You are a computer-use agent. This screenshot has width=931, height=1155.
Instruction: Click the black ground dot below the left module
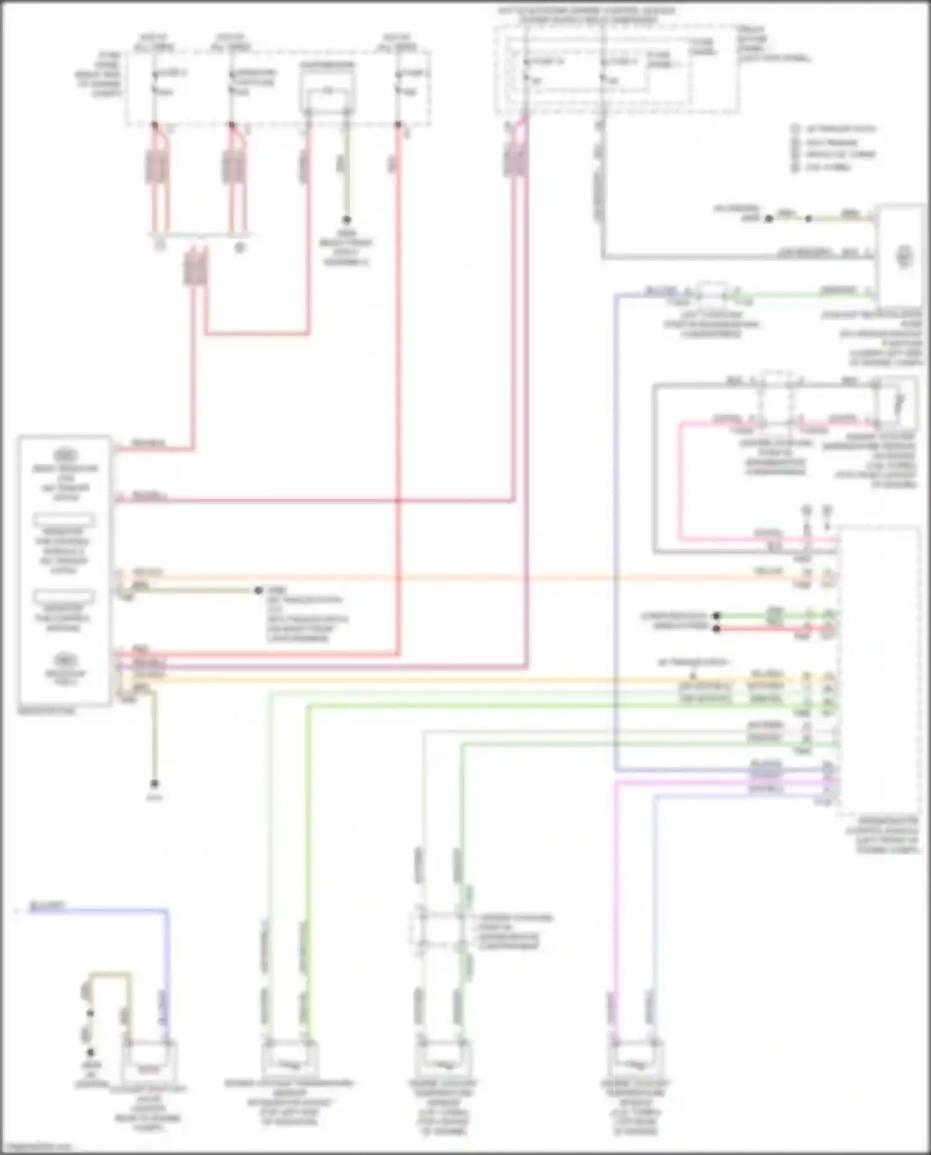tap(155, 784)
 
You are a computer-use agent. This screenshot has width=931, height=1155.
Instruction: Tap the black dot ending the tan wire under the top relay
tap(346, 220)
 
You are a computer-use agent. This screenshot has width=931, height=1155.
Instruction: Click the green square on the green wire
tap(773, 616)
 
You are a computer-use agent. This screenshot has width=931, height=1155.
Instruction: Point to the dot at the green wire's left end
tap(716, 616)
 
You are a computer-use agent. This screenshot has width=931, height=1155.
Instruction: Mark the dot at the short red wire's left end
tap(716, 629)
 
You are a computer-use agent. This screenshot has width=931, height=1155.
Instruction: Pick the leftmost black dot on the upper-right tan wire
tap(768, 218)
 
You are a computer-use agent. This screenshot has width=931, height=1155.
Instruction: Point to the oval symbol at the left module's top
tap(64, 454)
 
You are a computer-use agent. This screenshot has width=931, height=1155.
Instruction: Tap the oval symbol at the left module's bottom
tap(64, 660)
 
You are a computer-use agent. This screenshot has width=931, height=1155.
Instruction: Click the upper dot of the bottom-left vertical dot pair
tap(91, 1013)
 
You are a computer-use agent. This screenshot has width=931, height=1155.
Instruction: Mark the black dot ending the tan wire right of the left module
tap(258, 590)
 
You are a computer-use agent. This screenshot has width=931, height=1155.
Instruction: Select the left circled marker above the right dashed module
tap(806, 511)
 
